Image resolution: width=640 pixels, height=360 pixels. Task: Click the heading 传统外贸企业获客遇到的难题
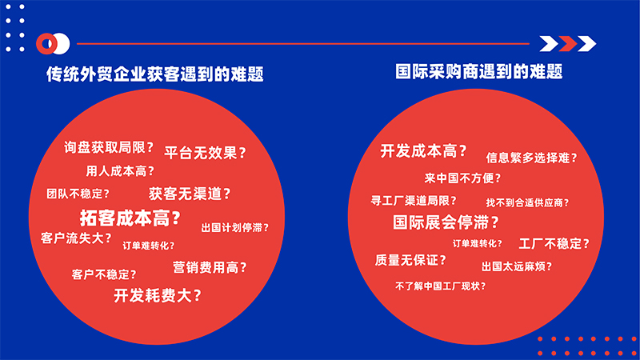tap(154, 74)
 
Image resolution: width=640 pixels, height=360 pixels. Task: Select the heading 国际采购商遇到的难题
tap(478, 71)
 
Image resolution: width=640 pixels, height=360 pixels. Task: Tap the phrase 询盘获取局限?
tap(109, 147)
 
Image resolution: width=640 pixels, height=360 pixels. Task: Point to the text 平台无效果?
tap(206, 153)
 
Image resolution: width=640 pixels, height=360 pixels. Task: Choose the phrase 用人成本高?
tap(120, 171)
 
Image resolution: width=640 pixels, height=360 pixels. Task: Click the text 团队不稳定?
tap(78, 194)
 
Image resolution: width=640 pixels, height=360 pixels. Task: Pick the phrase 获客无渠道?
tap(190, 194)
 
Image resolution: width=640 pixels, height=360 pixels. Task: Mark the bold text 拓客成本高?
tap(130, 218)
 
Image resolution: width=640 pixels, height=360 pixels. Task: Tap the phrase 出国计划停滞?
tap(235, 228)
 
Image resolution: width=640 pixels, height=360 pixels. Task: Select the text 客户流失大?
tap(76, 238)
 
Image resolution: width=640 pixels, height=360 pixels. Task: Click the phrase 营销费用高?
tap(210, 268)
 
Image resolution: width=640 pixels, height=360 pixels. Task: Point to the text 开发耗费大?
tap(158, 295)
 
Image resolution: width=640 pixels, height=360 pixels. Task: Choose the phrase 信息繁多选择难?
tap(531, 158)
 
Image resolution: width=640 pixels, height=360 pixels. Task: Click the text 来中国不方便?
tap(462, 178)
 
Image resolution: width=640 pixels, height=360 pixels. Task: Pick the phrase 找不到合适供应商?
tap(527, 202)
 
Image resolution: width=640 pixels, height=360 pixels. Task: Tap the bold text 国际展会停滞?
tap(446, 222)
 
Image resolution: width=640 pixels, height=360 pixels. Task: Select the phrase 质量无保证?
tap(410, 260)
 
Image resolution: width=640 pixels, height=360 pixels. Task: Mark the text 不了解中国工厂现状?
tap(441, 286)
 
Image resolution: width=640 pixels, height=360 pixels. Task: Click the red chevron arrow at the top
tap(568, 44)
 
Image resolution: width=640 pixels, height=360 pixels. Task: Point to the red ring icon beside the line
tap(46, 44)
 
